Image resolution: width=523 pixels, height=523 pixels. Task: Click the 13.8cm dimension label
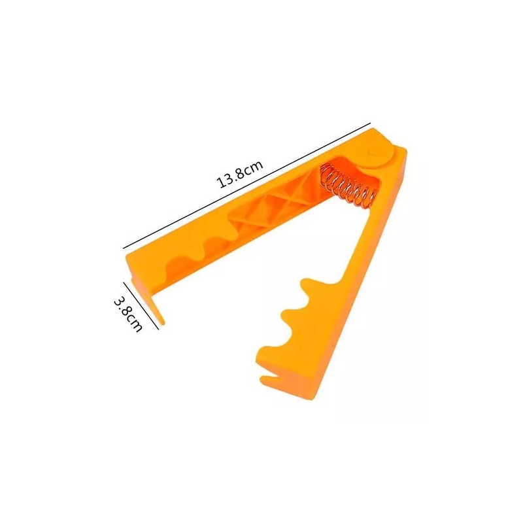[x=240, y=174]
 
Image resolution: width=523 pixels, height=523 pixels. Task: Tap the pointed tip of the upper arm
[x=162, y=322]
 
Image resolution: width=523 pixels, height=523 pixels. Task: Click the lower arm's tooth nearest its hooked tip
[x=265, y=354]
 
